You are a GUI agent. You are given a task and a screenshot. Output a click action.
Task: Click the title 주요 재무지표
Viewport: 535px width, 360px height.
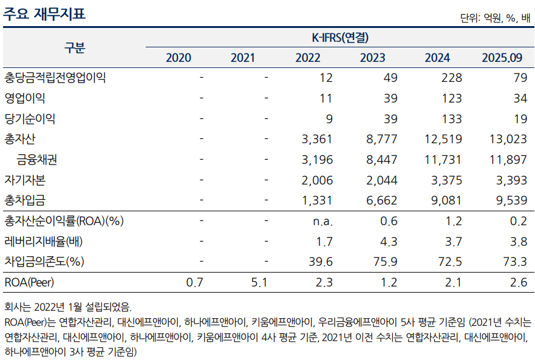coord(44,13)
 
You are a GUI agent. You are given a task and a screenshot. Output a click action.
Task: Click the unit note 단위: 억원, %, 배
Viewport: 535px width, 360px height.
coord(495,18)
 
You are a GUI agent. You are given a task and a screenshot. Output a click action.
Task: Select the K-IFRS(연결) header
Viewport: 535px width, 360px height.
coord(340,38)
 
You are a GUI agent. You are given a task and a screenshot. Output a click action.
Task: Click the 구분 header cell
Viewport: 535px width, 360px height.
coord(75,48)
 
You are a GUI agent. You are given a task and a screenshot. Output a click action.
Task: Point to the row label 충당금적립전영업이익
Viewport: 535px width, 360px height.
coord(55,78)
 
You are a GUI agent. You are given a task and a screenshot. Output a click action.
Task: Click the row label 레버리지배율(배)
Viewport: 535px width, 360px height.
coord(44,241)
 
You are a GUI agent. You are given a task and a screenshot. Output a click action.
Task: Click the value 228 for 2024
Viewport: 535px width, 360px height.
coord(452,78)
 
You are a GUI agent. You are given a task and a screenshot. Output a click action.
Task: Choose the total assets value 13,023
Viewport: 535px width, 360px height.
coord(508,139)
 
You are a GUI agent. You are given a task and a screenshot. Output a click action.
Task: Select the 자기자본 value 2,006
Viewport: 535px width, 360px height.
coord(317,180)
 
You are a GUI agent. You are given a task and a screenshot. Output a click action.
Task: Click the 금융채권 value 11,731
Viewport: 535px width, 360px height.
coord(443,160)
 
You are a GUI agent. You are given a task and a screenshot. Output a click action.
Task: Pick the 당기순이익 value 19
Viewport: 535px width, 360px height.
coord(519,118)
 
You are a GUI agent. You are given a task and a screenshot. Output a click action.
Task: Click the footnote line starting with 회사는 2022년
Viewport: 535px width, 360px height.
coord(67,307)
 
